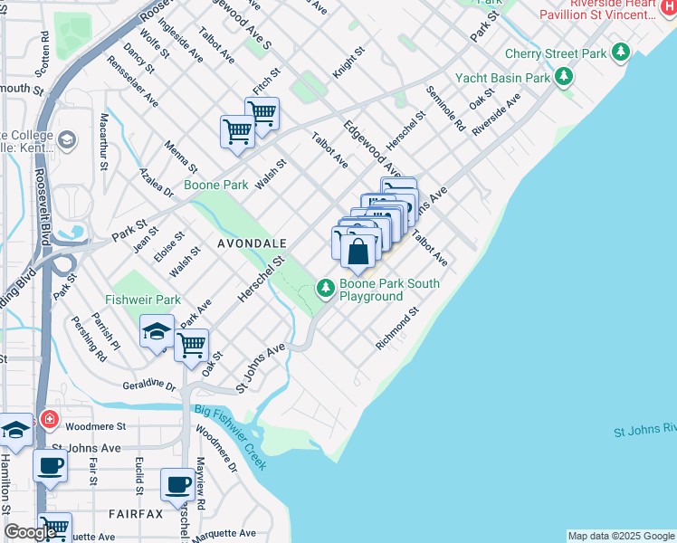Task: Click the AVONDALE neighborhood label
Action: click(x=253, y=244)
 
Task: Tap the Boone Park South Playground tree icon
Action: click(x=326, y=289)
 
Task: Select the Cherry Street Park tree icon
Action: click(x=620, y=52)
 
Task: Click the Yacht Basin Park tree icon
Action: click(x=564, y=77)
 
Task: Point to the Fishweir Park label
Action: click(x=143, y=300)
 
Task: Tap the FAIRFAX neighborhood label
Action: click(x=136, y=514)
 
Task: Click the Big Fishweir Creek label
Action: click(x=231, y=438)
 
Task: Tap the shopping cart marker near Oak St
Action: click(x=192, y=344)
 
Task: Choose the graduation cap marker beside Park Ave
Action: click(x=157, y=331)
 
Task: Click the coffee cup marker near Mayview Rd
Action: click(x=177, y=484)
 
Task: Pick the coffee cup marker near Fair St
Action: click(x=50, y=465)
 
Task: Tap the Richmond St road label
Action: click(x=398, y=329)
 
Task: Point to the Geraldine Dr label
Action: click(x=149, y=385)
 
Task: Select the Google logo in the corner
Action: click(x=30, y=532)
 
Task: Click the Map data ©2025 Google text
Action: click(x=621, y=536)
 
